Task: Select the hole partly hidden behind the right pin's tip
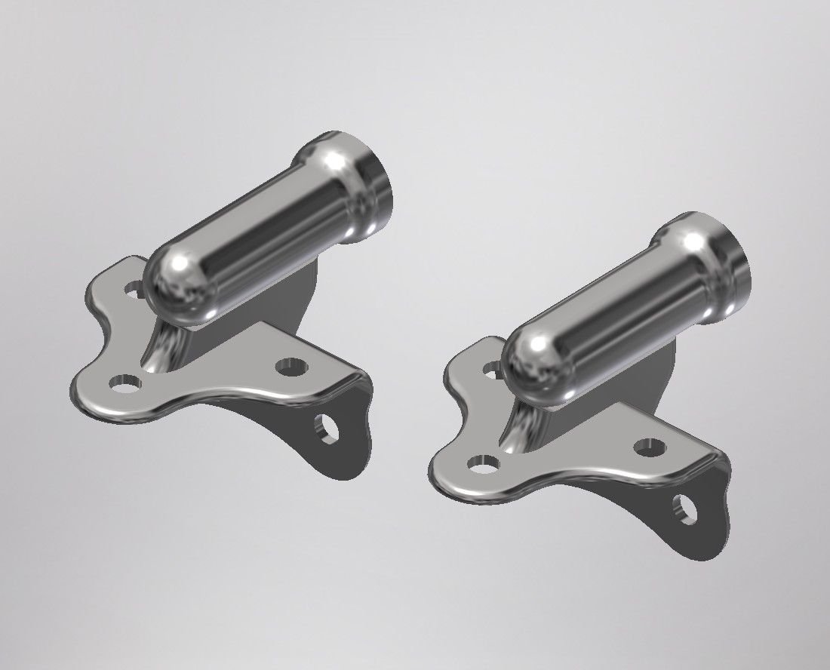[492, 369]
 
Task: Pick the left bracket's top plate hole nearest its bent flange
[290, 368]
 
